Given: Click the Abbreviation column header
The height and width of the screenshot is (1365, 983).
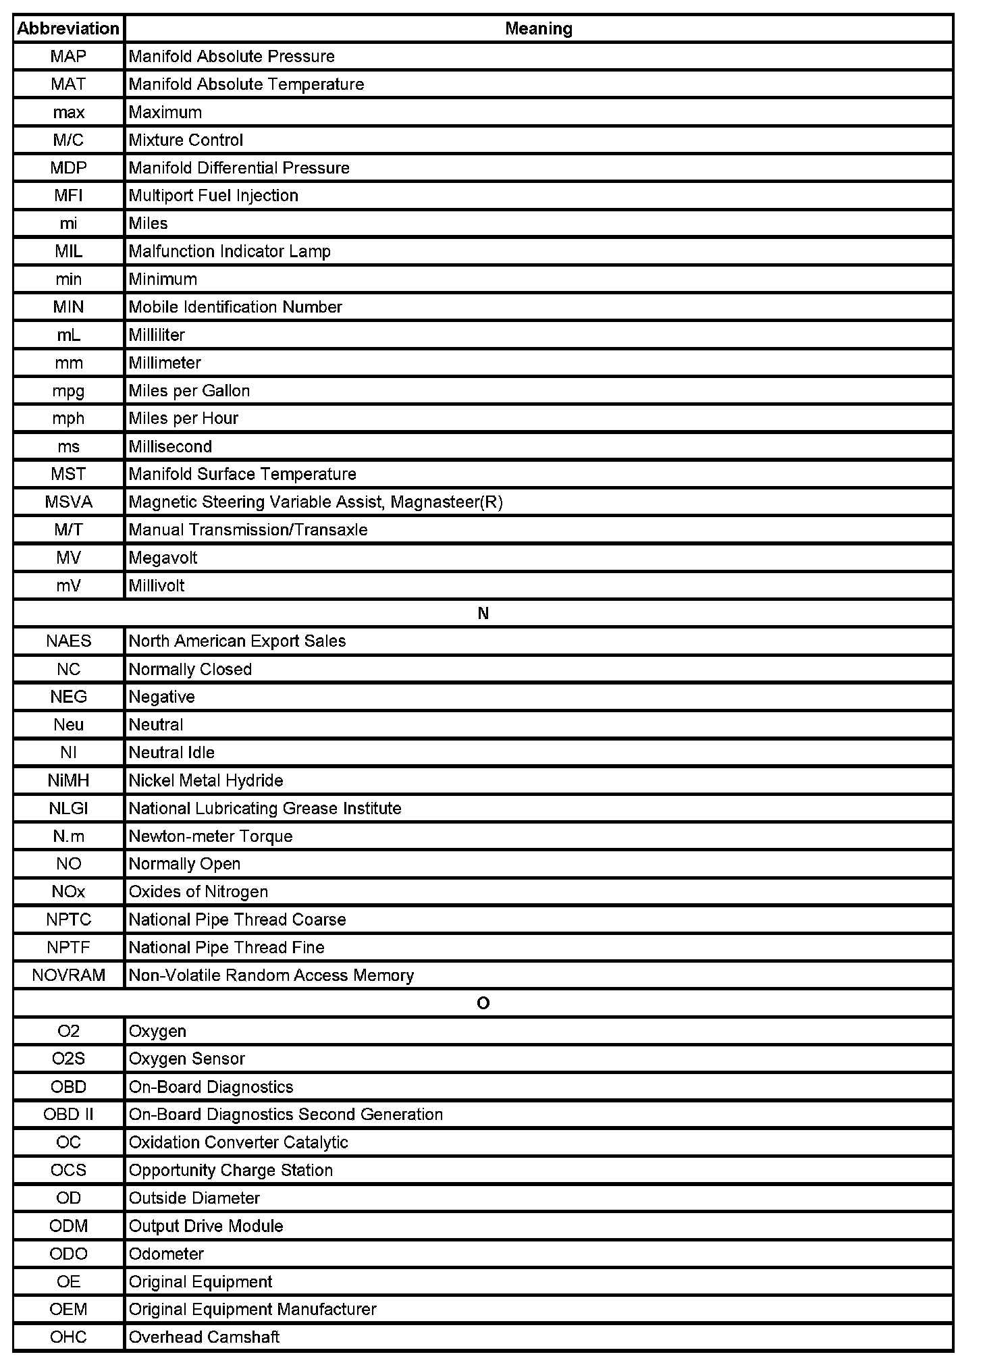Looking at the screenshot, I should click(x=68, y=28).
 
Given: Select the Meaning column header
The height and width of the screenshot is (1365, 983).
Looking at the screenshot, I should click(x=538, y=28).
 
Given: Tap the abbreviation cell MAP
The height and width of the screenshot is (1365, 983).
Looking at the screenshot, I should click(x=68, y=56).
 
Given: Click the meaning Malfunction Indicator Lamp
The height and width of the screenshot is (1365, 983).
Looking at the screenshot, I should click(x=230, y=251).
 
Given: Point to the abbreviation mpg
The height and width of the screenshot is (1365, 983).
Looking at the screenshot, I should click(x=68, y=390).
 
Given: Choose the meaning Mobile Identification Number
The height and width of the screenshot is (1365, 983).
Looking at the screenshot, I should click(x=235, y=307).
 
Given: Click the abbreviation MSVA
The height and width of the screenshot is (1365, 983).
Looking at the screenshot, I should click(x=68, y=502).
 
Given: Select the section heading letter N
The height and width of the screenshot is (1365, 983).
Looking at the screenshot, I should click(x=483, y=613).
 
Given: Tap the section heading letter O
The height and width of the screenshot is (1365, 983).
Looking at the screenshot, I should click(x=483, y=1003).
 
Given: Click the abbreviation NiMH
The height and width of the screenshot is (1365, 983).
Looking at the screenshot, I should click(x=68, y=780).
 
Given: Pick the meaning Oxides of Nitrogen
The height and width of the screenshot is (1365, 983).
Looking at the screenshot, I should click(x=198, y=892).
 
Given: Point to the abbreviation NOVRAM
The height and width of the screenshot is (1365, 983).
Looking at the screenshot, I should click(x=68, y=975).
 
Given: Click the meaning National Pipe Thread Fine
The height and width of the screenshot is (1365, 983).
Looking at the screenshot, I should click(x=226, y=947).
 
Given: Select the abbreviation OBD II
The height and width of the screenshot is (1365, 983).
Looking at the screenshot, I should click(x=68, y=1115).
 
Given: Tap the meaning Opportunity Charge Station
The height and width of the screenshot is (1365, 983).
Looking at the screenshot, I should click(x=230, y=1170).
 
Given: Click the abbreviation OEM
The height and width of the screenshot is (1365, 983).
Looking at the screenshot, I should click(x=68, y=1309).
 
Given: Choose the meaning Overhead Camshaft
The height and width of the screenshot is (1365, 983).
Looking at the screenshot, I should click(x=204, y=1337).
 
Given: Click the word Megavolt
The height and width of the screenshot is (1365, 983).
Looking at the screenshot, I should click(x=163, y=558).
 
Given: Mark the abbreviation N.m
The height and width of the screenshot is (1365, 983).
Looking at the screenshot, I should click(x=68, y=836).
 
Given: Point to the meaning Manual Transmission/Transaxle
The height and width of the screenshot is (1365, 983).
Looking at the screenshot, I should click(x=248, y=530).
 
